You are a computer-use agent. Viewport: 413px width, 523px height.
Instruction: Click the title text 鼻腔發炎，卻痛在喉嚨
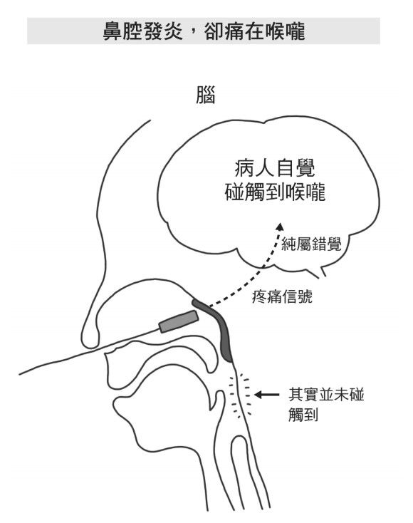point(204,31)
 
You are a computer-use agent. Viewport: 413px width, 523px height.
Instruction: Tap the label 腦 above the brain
point(205,95)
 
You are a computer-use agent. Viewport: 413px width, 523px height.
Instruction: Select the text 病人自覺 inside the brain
point(275,168)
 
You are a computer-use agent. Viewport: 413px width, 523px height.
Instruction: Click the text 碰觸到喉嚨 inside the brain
point(275,192)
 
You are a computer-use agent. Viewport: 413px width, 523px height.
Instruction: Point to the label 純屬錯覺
point(311,244)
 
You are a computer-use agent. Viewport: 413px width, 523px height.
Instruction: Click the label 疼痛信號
point(282,296)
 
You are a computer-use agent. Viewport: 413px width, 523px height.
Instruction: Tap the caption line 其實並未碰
point(326,394)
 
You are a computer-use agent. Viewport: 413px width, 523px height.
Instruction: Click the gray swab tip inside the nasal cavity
point(179,321)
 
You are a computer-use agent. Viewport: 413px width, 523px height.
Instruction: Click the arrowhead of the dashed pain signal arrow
point(280,227)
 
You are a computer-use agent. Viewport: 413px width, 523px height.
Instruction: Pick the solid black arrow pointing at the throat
point(266,395)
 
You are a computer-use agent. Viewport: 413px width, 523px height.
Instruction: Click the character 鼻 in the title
point(112,31)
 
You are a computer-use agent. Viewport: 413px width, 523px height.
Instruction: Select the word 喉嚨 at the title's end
point(286,31)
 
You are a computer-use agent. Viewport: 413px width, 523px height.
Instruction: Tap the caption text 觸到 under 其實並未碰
point(303,415)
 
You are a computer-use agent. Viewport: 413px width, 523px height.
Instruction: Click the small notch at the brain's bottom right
point(320,270)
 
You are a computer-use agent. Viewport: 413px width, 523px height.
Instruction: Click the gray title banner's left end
point(28,31)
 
